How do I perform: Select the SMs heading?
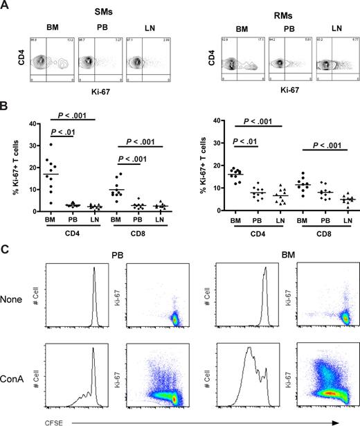(94, 7)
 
